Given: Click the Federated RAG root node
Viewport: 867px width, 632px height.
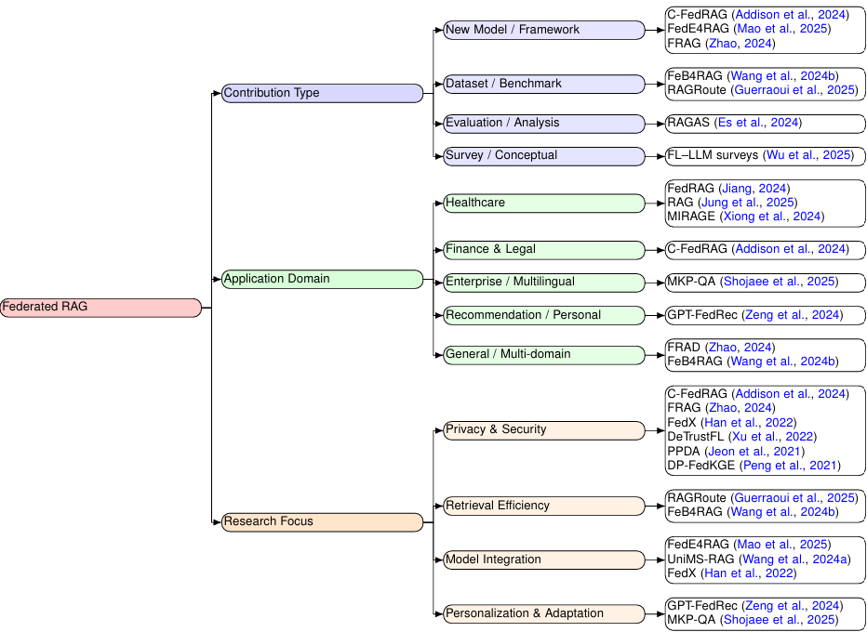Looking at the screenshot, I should (x=100, y=308).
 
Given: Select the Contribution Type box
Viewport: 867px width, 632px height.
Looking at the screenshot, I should (x=322, y=93).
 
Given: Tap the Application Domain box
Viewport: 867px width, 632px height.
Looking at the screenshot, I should (x=322, y=279).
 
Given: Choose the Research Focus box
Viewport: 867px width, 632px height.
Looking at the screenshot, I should (x=322, y=522).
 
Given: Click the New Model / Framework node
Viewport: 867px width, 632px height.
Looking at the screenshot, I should (x=543, y=30).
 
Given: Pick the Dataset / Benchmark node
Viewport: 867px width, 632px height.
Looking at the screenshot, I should (x=543, y=84).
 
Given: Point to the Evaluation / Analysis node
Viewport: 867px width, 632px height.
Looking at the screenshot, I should (x=543, y=123).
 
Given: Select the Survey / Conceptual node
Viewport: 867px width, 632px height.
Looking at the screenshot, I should (x=543, y=155).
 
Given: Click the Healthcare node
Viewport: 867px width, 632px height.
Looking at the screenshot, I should (x=543, y=203).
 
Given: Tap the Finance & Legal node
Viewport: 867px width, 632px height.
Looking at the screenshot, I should (x=543, y=249).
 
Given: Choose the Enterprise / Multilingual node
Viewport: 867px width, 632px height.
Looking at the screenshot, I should (x=543, y=282).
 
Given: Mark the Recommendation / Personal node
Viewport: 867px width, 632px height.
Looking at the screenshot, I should (x=543, y=315).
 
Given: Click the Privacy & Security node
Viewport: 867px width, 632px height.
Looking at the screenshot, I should (x=543, y=429).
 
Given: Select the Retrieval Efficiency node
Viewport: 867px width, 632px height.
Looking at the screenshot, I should (x=543, y=506).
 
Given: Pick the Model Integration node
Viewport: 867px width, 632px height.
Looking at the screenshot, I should (x=543, y=560).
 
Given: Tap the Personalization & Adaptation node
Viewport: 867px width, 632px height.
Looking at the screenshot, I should (x=543, y=613).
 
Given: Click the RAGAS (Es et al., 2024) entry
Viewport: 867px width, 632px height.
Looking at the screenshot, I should (x=734, y=123).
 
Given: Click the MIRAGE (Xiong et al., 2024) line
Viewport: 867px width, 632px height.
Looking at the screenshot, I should (x=745, y=217).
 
